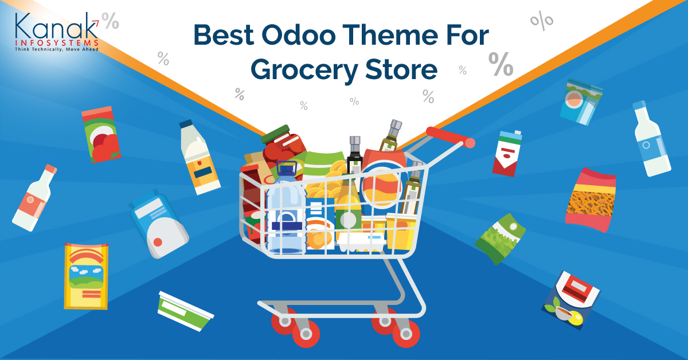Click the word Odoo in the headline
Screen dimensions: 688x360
point(299,36)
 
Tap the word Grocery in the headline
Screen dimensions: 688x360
point(304,70)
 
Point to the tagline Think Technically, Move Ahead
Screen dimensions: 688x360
point(57,49)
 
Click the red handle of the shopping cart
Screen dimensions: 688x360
point(451,138)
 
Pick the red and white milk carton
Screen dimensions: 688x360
point(507,153)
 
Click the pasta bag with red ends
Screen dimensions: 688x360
point(591,200)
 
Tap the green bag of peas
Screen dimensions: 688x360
point(500,238)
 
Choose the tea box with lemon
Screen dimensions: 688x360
point(570,300)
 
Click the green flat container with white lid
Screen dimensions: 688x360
point(186,311)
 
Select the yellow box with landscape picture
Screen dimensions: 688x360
point(87,276)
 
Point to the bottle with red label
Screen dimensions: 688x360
point(34,198)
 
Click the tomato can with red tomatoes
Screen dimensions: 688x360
point(101,134)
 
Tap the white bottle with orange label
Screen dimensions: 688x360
point(200,157)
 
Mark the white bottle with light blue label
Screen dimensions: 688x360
point(652,139)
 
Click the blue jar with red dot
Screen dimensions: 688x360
point(159,224)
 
